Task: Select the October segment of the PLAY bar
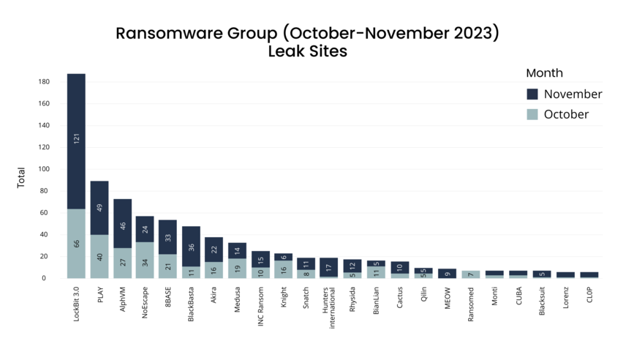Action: [99, 256]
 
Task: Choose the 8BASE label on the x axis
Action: [167, 300]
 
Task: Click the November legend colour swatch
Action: [532, 94]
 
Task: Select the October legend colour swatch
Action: [532, 114]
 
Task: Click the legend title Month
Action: [544, 73]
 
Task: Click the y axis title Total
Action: [21, 177]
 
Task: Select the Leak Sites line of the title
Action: [307, 51]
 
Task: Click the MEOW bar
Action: [447, 274]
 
